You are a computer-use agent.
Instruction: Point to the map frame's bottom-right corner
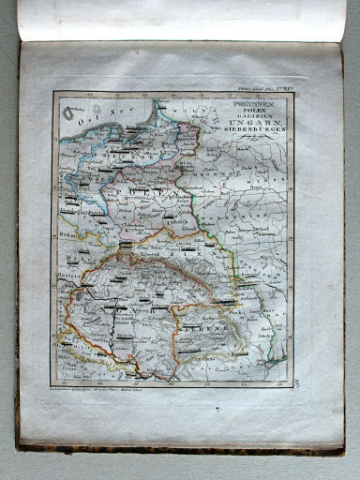292,381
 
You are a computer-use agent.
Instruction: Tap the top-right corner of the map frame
293,92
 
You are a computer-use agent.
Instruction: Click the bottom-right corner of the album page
344,448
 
